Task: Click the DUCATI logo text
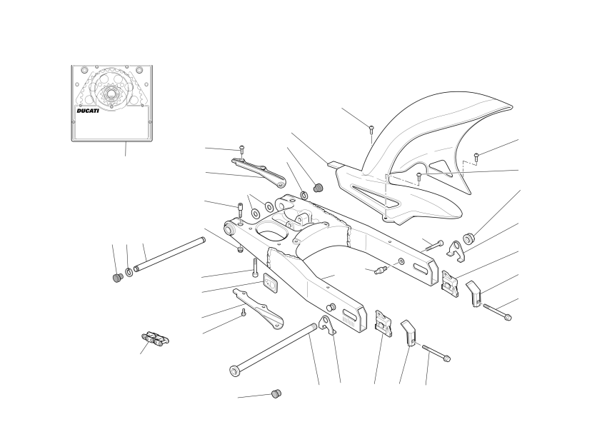pyautogui.click(x=88, y=111)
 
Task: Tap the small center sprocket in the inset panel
pyautogui.click(x=111, y=94)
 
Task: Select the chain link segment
pyautogui.click(x=156, y=338)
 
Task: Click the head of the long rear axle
pyautogui.click(x=235, y=371)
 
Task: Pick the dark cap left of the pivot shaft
pyautogui.click(x=118, y=278)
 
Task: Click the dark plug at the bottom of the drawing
pyautogui.click(x=276, y=393)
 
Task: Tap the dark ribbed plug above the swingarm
pyautogui.click(x=318, y=188)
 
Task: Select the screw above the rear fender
pyautogui.click(x=371, y=129)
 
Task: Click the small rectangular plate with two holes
pyautogui.click(x=271, y=283)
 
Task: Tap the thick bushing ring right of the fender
pyautogui.click(x=468, y=238)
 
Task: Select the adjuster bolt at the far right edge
pyautogui.click(x=497, y=311)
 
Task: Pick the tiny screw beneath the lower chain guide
pyautogui.click(x=244, y=313)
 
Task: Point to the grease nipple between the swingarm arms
pyautogui.click(x=381, y=271)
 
